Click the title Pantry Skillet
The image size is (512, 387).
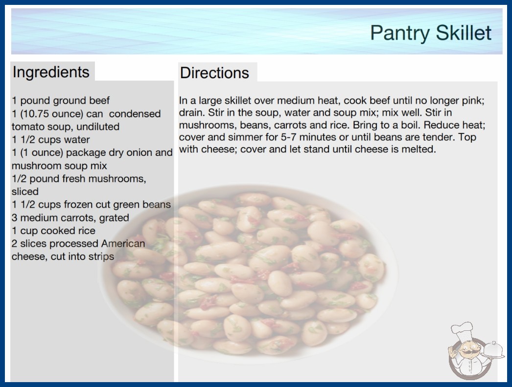tap(431, 33)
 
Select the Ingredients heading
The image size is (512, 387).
tap(51, 72)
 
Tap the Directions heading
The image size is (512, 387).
tap(214, 73)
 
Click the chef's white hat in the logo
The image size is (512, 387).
tap(462, 331)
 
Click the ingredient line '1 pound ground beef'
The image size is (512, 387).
tap(61, 101)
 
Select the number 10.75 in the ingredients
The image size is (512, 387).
tap(29, 114)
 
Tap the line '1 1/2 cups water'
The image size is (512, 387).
tap(50, 140)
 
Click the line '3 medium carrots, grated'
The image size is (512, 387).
tap(70, 217)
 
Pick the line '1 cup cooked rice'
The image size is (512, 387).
tap(53, 231)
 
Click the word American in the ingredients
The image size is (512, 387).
tap(123, 243)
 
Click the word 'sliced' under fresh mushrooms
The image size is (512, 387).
tap(25, 192)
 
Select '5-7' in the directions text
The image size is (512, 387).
tap(289, 137)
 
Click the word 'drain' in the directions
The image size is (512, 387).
tap(192, 112)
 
